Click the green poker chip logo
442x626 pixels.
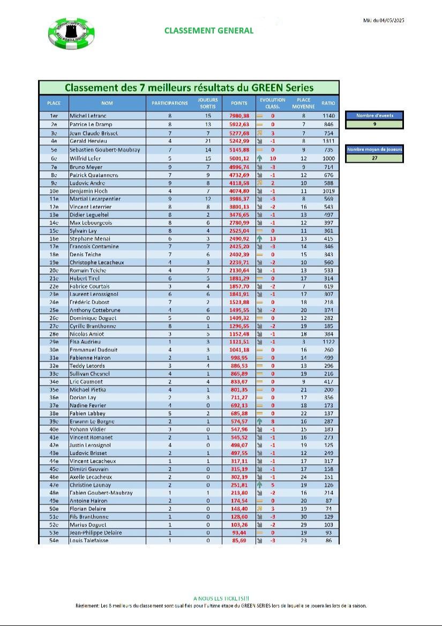point(72,33)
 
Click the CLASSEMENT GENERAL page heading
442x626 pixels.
point(209,31)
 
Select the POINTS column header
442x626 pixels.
point(239,103)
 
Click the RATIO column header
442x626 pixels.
point(328,103)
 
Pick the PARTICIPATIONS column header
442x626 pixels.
point(169,103)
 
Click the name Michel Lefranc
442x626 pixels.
point(88,116)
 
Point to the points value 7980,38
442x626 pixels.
point(239,116)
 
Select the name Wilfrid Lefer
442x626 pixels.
point(86,159)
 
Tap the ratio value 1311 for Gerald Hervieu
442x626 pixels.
point(328,140)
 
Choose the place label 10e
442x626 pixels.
point(54,191)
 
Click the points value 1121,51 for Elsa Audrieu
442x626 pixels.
point(239,342)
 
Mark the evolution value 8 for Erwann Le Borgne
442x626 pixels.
point(273,421)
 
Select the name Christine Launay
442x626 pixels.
point(90,485)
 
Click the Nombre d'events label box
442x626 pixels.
point(374,115)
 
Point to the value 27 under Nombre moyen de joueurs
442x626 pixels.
point(374,159)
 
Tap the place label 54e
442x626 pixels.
point(54,541)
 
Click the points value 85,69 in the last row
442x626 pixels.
point(239,541)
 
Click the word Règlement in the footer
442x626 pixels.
point(88,606)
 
